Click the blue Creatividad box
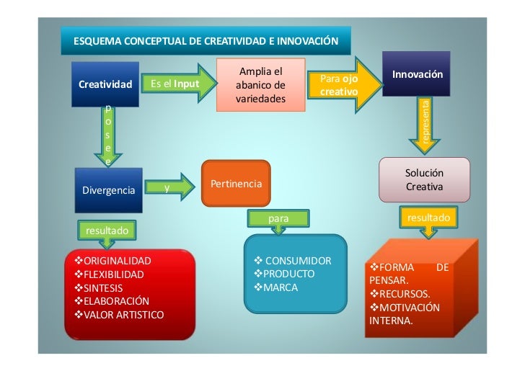tap(105, 84)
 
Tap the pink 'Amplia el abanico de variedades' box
tap(260, 85)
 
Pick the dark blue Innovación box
tap(417, 74)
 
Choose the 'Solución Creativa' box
tap(424, 179)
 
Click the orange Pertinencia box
tap(236, 185)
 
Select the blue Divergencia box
tap(109, 190)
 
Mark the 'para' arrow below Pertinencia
tap(277, 220)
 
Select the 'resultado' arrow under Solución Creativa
tap(428, 220)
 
